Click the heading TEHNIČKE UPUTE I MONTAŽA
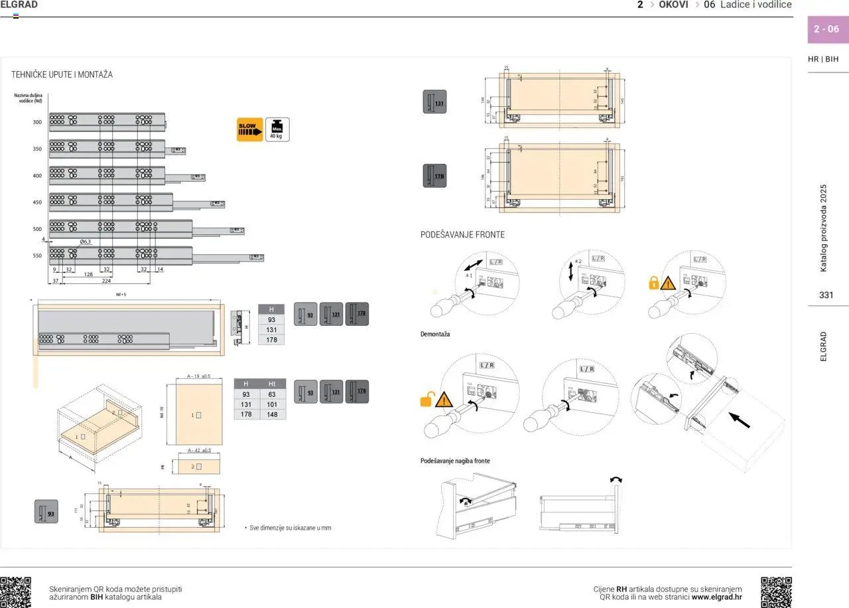62,75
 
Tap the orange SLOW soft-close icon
249,129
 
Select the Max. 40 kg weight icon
277,129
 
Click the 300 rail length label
37,122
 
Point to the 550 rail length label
37,256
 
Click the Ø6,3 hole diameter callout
86,242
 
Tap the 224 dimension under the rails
106,281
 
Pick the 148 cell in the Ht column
272,414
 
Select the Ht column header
272,384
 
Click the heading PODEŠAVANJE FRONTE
462,235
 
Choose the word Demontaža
435,334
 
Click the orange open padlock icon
426,400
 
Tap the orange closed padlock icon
653,283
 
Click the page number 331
826,295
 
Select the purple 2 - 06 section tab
826,29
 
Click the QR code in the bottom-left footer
16,592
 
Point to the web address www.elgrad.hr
716,597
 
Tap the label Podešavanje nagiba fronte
455,461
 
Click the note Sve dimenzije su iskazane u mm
289,528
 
